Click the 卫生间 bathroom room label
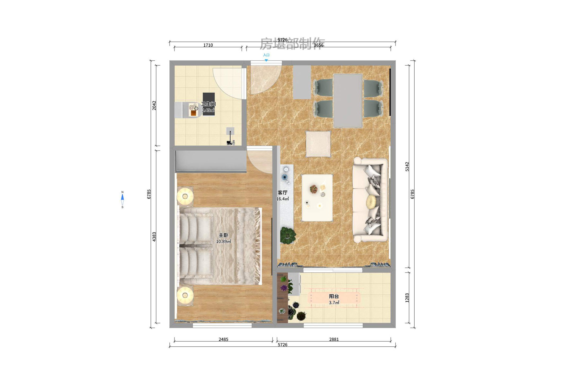click(x=208, y=104)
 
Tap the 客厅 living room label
click(x=282, y=193)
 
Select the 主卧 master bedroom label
click(x=223, y=235)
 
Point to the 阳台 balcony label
click(x=334, y=296)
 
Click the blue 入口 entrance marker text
click(x=266, y=55)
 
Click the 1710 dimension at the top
click(x=208, y=45)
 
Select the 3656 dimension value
click(x=318, y=45)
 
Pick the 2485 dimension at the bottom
click(x=223, y=339)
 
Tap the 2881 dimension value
click(x=334, y=339)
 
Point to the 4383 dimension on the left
click(x=154, y=237)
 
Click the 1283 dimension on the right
click(x=407, y=298)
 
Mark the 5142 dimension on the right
click(x=407, y=167)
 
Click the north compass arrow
click(x=122, y=197)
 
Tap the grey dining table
click(x=348, y=101)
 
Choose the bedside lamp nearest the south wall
click(x=185, y=295)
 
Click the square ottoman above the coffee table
click(x=318, y=144)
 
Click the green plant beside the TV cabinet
click(x=287, y=235)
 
